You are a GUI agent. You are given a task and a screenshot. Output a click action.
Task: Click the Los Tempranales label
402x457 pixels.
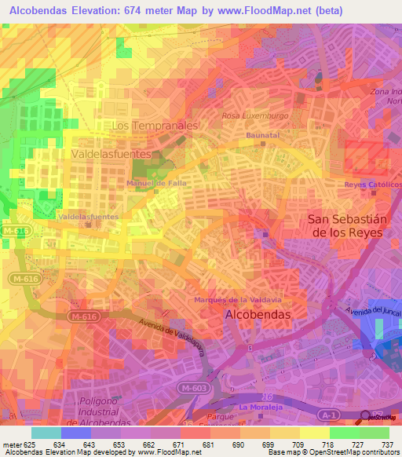(x=155, y=126)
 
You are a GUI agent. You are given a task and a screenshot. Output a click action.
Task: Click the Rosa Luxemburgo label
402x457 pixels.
(x=255, y=115)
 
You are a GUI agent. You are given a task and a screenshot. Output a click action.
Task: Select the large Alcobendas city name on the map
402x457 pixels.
(x=258, y=314)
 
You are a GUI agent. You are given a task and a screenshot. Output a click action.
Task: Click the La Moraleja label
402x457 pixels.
(x=261, y=408)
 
